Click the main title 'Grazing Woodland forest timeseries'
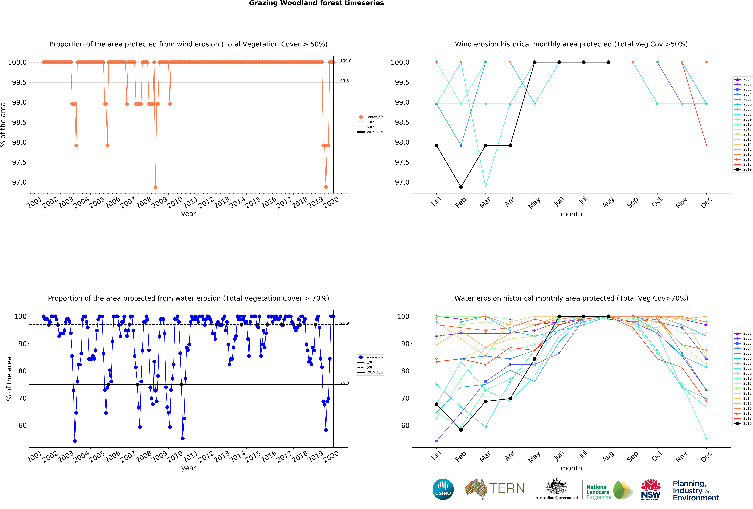(316, 3)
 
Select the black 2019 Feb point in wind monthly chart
(461, 187)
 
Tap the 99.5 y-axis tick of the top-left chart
(19, 82)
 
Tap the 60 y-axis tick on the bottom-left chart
(22, 425)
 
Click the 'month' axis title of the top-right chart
(571, 214)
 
